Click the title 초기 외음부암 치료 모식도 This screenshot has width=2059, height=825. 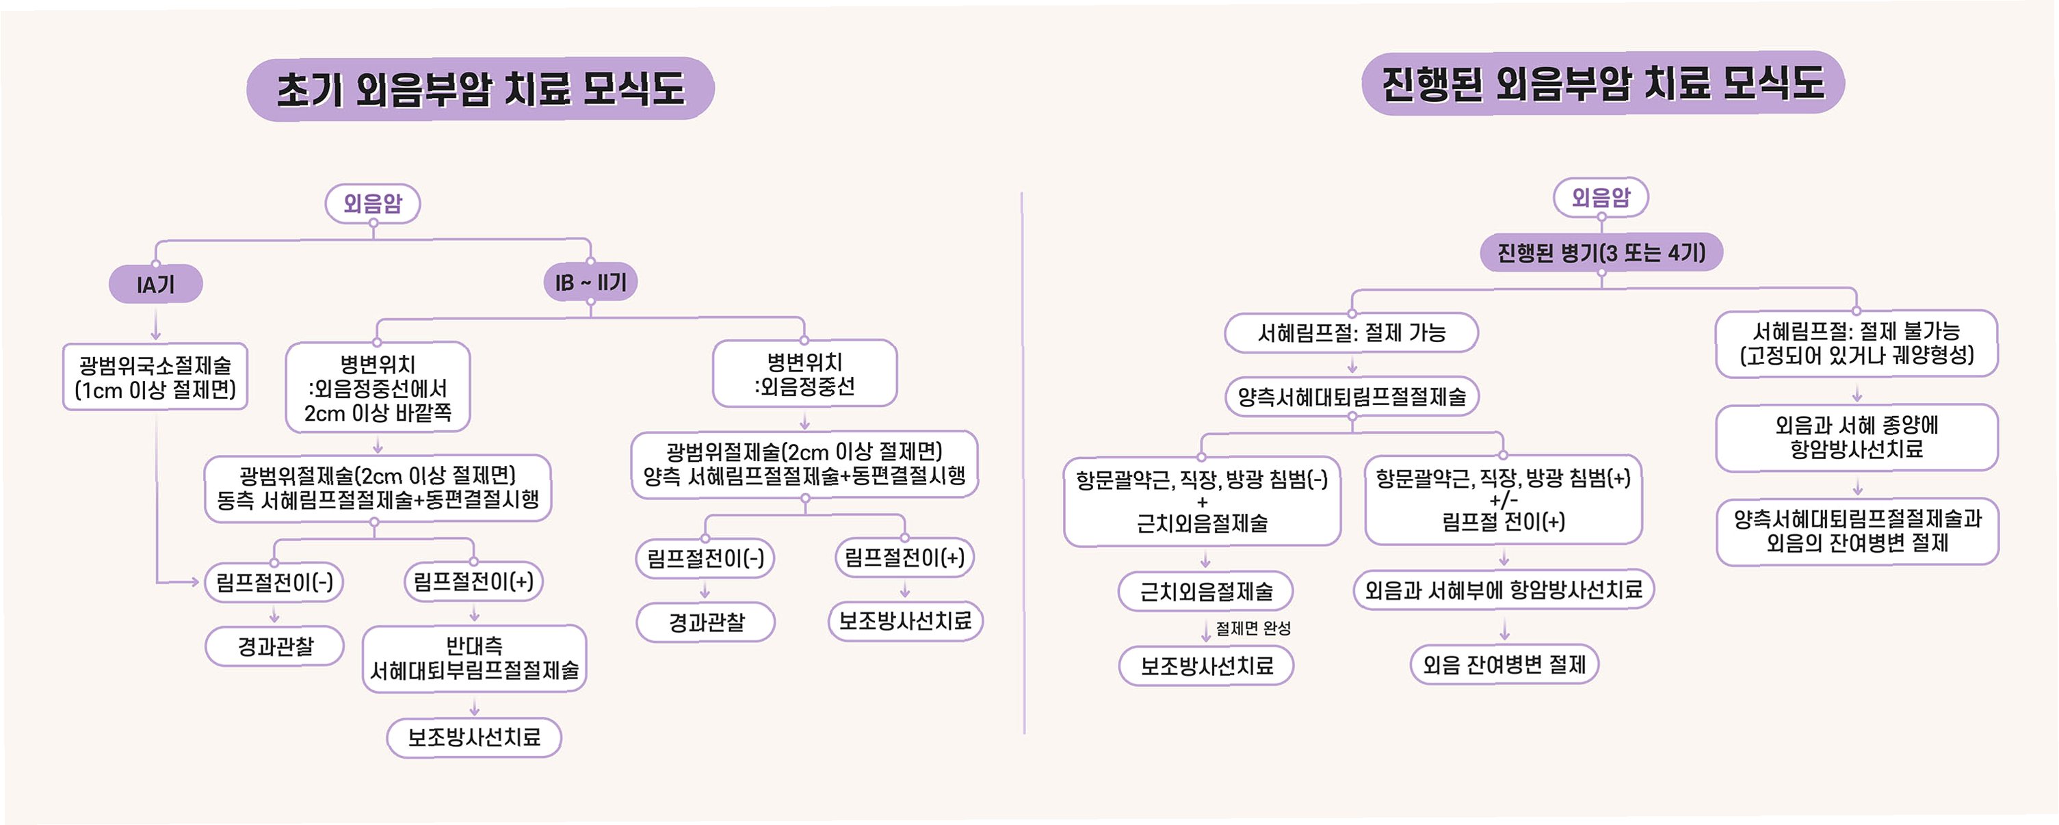point(480,89)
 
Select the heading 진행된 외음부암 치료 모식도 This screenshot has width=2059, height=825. point(1603,83)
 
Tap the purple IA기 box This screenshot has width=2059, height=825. point(156,285)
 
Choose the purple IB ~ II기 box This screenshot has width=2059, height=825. point(591,283)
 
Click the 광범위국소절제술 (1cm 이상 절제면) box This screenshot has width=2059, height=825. point(155,378)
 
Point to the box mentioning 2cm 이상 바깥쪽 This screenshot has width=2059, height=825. point(378,389)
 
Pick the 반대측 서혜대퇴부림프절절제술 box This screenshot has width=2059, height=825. point(474,659)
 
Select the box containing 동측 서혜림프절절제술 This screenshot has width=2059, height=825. point(378,488)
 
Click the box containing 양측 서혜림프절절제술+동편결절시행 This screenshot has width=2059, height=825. point(805,464)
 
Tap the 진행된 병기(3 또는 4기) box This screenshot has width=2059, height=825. point(1601,252)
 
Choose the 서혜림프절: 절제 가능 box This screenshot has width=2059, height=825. point(1352,332)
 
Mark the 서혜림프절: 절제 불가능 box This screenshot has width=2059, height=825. point(1856,343)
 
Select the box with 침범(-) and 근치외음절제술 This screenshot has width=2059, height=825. point(1202,501)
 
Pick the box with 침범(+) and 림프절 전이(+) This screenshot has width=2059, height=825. point(1504,499)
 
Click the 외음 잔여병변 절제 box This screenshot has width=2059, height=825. point(1504,664)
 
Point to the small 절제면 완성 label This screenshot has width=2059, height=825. point(1253,629)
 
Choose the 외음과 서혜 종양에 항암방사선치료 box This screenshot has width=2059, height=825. point(1856,437)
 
